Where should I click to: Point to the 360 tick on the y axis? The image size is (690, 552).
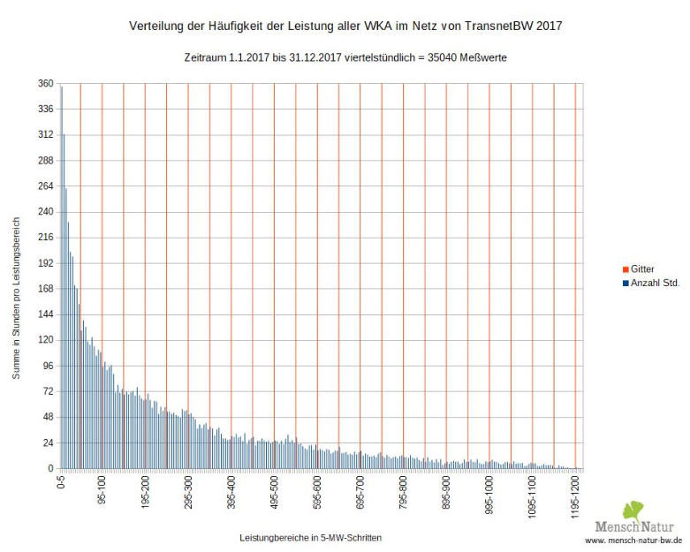pos(44,84)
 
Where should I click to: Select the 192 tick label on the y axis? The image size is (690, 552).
pos(44,263)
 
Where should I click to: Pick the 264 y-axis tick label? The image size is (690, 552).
pos(44,186)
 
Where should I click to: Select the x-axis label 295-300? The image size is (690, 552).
pos(187,492)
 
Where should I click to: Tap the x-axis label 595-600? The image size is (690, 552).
pos(316,492)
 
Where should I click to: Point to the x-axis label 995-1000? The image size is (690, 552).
pos(489,495)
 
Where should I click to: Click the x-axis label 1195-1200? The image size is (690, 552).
pos(574,496)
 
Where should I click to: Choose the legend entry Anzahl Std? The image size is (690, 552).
pos(655,283)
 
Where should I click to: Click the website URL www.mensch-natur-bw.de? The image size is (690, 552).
pos(633,539)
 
